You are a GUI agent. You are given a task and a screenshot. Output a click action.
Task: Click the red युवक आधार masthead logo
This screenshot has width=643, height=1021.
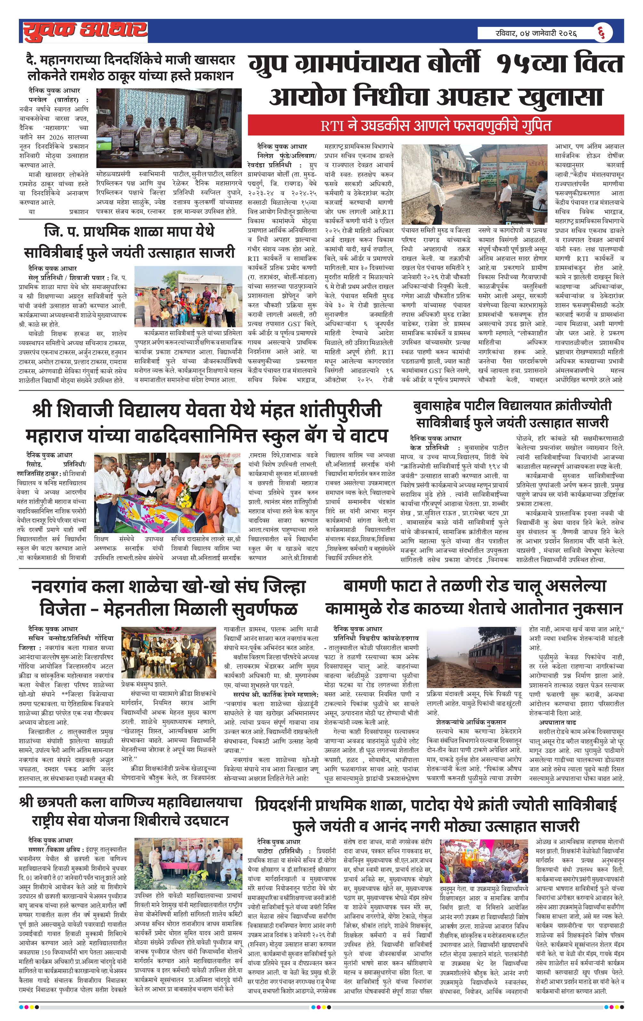pos(85,31)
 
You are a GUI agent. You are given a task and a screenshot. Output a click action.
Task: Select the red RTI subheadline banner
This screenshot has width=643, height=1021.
pos(435,126)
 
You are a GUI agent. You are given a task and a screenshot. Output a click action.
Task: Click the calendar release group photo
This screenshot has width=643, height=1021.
pos(169,128)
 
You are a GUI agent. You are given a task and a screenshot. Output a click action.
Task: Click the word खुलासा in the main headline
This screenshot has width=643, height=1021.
pos(561,97)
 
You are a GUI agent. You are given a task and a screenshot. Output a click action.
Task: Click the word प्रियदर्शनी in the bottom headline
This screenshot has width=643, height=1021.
pos(297,805)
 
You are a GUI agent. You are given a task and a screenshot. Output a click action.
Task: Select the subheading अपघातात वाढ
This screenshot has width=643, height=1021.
pos(557,722)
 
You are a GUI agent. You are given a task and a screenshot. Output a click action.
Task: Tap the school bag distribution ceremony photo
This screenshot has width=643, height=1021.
pos(167,492)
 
